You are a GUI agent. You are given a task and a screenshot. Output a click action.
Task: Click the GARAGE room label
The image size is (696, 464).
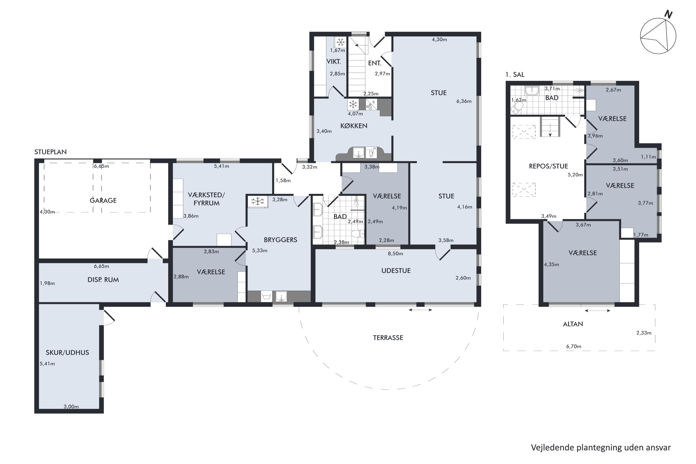click(103, 200)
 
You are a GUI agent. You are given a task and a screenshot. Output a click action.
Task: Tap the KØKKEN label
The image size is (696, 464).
click(354, 126)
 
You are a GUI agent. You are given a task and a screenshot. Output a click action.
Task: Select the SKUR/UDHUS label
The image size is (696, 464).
click(68, 352)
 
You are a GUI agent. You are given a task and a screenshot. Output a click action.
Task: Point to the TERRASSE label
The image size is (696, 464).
click(388, 338)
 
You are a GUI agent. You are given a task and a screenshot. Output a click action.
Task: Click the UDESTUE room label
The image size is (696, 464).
click(396, 271)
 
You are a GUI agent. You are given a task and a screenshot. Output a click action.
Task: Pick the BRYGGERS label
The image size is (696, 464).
click(280, 240)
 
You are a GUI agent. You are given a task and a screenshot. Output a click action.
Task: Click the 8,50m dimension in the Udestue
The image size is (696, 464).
click(395, 254)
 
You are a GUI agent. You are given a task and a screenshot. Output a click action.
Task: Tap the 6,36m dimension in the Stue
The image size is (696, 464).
click(464, 101)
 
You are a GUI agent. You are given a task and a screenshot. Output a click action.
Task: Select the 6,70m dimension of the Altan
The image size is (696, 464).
click(574, 346)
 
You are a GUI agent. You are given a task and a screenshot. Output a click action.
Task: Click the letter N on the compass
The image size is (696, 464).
click(668, 14)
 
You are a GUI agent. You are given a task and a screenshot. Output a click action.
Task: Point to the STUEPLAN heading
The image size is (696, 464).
click(51, 152)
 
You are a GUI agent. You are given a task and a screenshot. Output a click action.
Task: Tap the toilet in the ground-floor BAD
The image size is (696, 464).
click(358, 234)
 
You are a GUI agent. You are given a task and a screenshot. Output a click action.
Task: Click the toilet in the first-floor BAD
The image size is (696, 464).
click(517, 109)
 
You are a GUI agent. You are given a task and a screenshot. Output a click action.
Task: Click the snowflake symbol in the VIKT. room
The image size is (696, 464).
click(341, 42)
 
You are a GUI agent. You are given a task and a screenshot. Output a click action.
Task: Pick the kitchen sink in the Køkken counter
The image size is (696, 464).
click(359, 152)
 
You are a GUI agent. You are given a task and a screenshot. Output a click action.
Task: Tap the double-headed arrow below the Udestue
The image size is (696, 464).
click(420, 310)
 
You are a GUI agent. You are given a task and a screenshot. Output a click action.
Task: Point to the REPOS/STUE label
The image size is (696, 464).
click(548, 166)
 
